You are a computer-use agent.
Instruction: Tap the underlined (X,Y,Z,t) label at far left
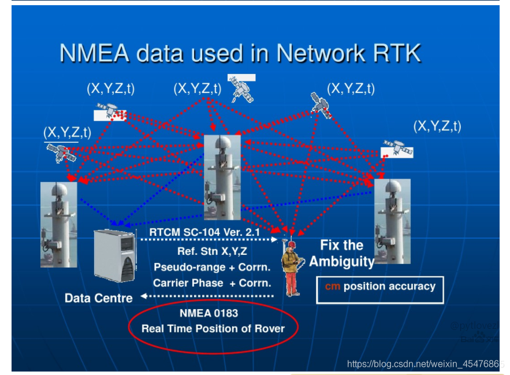coord(66,132)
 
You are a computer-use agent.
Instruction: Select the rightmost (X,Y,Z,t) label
coord(437,126)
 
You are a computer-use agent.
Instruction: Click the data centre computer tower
coord(115,255)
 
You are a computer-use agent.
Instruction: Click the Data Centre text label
coord(98,298)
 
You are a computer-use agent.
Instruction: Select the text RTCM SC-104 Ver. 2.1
coord(204,232)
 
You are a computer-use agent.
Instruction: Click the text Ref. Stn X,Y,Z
coord(212,251)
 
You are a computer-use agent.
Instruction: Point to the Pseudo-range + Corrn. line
coord(212,267)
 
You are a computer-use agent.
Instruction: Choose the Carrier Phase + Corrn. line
coord(211,283)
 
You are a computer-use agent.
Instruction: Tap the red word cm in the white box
coord(332,287)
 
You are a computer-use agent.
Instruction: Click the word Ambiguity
coord(341,261)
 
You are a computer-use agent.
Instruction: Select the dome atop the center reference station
coord(222,142)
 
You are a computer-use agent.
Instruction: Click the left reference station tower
coord(58,224)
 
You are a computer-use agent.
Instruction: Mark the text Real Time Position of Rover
coord(213,328)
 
